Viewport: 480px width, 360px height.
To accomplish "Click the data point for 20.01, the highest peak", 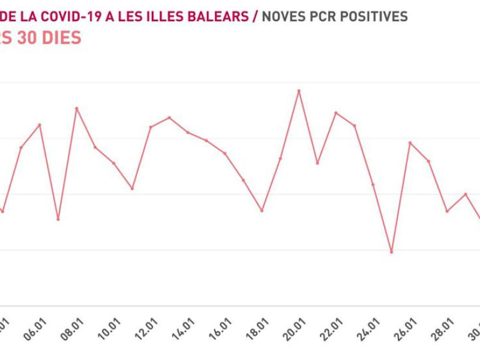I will [x=299, y=91].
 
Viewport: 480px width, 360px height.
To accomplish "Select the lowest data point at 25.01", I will [x=392, y=252].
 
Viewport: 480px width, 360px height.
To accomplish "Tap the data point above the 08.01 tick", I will [x=77, y=109].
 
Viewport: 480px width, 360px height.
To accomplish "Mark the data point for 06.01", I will [x=40, y=125].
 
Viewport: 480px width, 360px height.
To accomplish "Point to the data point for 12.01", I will [x=151, y=127].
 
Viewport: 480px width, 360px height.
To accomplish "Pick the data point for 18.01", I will [x=262, y=211].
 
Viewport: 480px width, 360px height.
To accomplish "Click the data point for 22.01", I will [x=336, y=113].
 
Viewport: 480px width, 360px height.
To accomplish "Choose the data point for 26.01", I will [x=410, y=143].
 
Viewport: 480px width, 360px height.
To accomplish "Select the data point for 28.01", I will [x=447, y=211].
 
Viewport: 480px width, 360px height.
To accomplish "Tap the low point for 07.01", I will [x=58, y=219].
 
